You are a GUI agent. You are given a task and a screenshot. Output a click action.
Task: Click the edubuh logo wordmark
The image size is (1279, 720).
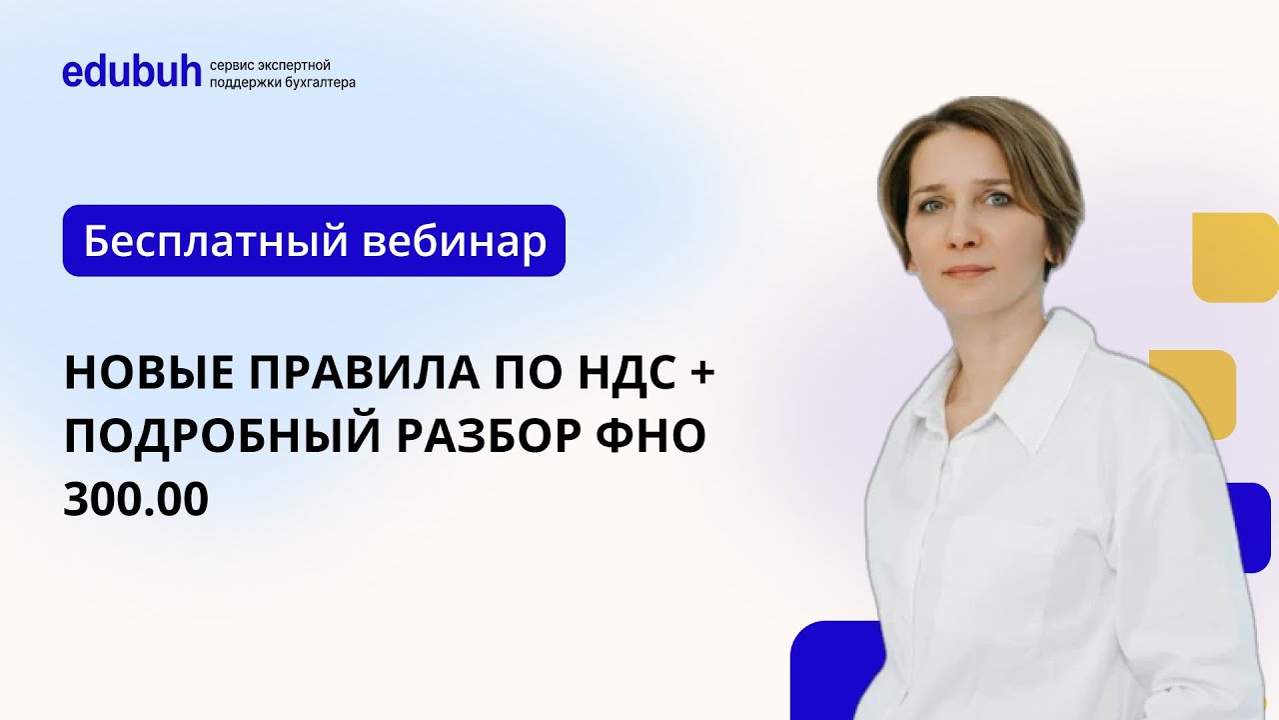132,72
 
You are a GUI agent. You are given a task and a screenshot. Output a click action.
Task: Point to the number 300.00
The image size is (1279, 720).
136,500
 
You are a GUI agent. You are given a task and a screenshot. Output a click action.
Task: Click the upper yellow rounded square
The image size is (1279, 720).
1236,257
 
